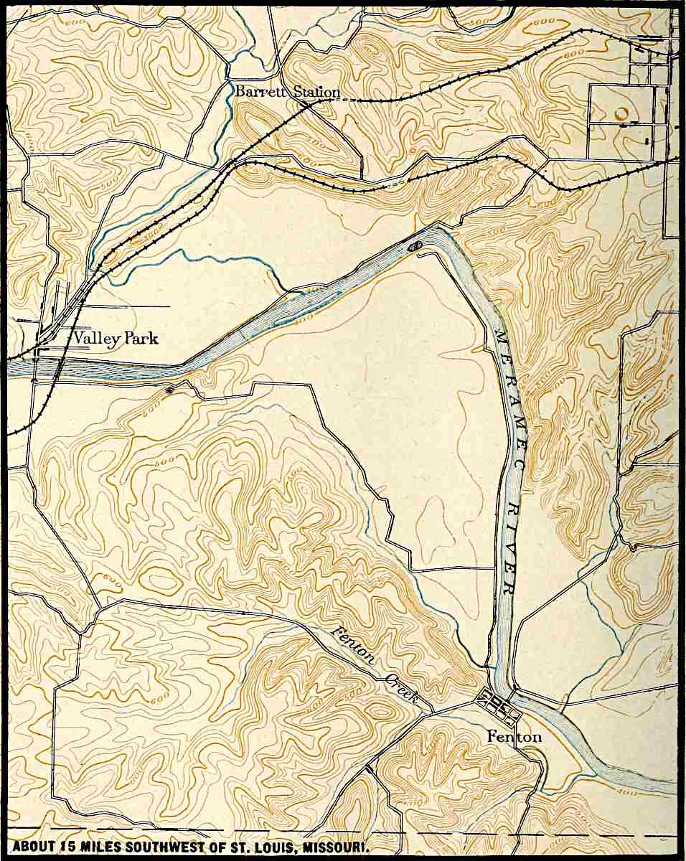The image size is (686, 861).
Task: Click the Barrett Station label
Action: tap(287, 92)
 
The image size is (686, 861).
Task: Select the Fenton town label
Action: tap(514, 736)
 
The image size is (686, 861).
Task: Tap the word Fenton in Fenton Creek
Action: tap(354, 644)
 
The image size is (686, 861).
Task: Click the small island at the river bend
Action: tap(414, 245)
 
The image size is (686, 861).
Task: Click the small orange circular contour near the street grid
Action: tap(621, 113)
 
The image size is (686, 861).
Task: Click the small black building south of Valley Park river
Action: tap(169, 390)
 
